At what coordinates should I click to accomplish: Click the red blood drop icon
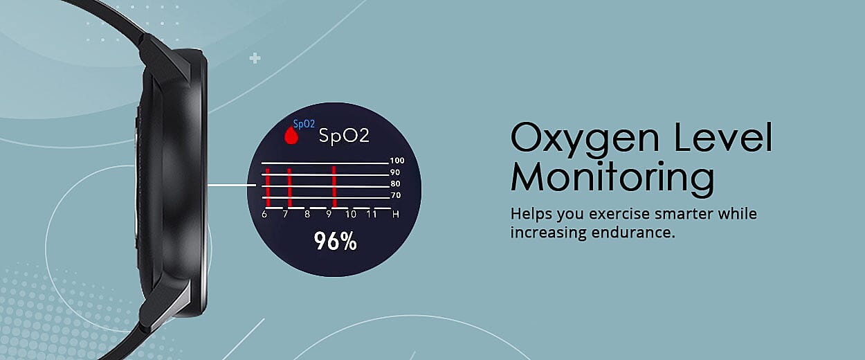point(291,136)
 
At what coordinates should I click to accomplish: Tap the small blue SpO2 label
point(304,124)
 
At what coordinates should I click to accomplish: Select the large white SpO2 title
point(344,136)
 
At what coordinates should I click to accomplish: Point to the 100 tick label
point(397,161)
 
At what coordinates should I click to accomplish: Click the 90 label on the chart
point(395,172)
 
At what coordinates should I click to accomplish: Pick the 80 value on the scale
point(395,184)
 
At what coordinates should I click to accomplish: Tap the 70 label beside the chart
point(395,195)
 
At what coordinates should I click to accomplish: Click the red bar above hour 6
point(268,188)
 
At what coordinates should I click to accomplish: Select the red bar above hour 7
point(289,188)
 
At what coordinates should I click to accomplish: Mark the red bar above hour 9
point(334,187)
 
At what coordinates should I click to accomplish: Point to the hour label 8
point(307,215)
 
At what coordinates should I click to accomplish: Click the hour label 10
point(351,215)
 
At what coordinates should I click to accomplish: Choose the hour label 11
point(372,215)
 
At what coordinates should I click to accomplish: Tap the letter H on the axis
point(395,215)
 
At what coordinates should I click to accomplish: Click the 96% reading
point(335,242)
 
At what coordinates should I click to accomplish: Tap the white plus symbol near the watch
point(255,59)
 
